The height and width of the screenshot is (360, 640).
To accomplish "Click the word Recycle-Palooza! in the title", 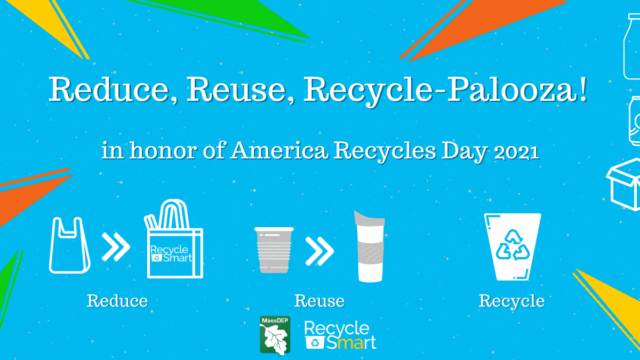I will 446,91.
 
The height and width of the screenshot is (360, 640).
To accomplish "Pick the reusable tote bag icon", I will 175,246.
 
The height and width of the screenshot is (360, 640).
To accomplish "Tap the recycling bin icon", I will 511,246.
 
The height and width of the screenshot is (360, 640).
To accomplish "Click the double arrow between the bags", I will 116,246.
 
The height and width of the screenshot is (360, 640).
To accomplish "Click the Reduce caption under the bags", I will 117,301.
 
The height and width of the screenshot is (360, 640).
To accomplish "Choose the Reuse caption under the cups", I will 319,301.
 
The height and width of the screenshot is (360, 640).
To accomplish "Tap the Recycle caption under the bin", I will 511,301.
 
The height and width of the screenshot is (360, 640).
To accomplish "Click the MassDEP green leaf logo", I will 275,335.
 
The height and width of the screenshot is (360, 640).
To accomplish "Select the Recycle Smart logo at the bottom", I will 340,335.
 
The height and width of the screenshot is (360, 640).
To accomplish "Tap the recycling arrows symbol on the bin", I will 511,245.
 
